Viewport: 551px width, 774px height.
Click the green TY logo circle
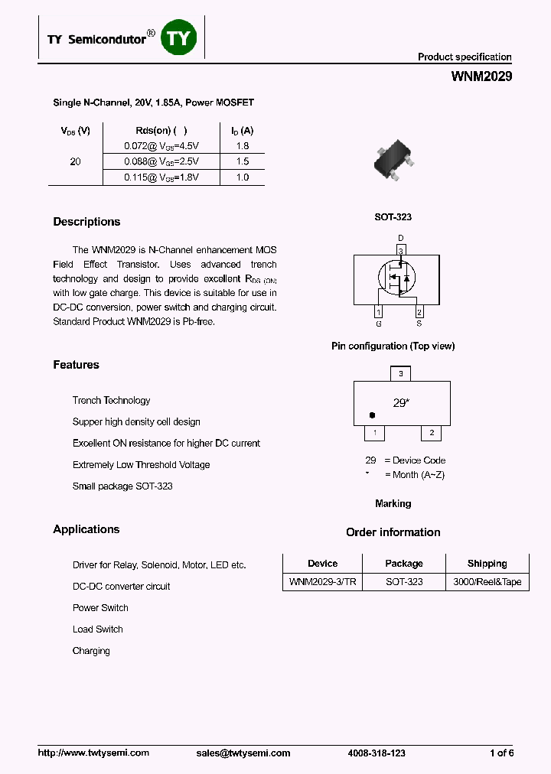(179, 37)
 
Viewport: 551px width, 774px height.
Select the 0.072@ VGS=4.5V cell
(161, 145)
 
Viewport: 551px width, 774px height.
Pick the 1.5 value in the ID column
(243, 161)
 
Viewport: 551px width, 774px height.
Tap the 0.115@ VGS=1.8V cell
(161, 177)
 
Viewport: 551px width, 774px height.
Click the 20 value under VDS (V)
(75, 162)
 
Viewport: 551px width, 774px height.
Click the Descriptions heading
(86, 222)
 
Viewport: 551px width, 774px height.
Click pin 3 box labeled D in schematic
(400, 250)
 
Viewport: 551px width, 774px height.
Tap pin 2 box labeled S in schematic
(419, 311)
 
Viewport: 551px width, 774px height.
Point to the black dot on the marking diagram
(372, 415)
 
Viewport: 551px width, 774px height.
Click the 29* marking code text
(400, 402)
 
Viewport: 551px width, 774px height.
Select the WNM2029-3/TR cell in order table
(322, 582)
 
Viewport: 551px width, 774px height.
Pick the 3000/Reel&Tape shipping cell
(487, 582)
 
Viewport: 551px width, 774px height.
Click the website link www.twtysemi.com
(93, 753)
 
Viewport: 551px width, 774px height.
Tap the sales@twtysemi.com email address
(243, 753)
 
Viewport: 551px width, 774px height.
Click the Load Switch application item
(97, 629)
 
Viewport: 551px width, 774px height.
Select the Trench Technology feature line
(111, 401)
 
